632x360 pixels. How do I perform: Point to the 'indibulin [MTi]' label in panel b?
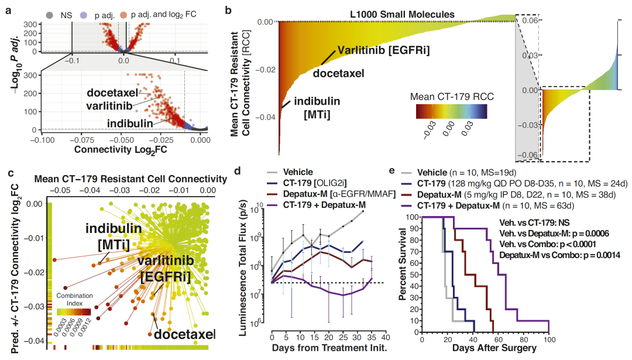315,108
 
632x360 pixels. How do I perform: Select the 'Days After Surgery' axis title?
486,349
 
